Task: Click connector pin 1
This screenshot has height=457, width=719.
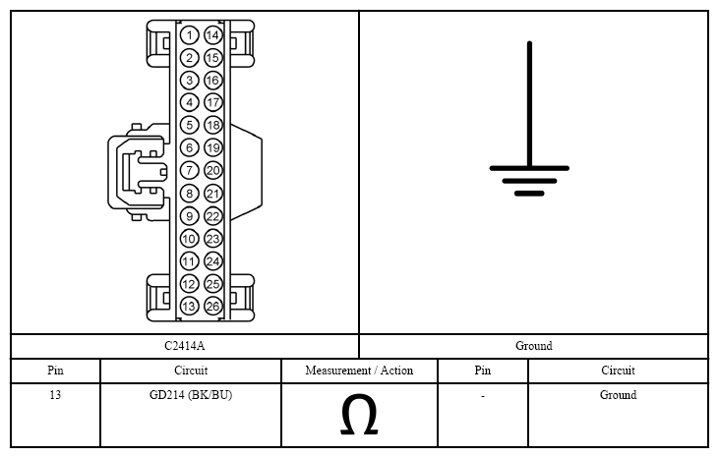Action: point(189,35)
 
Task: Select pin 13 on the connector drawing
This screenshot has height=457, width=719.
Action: point(189,307)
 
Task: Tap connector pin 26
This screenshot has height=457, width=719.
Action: point(212,307)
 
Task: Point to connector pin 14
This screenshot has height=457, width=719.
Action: point(212,35)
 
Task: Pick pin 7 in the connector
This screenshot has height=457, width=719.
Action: point(189,171)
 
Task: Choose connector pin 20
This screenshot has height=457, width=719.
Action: point(212,171)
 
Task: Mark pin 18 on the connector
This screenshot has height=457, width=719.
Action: point(212,125)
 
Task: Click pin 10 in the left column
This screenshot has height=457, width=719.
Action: point(189,239)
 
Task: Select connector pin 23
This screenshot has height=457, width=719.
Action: point(212,239)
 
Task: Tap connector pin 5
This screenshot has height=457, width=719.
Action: point(189,125)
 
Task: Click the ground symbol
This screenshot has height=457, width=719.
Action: point(529,138)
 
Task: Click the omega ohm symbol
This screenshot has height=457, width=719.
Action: point(359,415)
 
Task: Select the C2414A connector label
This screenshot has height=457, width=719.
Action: point(184,346)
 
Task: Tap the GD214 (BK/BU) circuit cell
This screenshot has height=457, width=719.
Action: point(191,395)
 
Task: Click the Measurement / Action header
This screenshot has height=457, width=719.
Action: point(359,371)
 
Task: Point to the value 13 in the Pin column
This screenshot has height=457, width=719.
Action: point(55,395)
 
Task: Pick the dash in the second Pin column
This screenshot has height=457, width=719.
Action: point(482,396)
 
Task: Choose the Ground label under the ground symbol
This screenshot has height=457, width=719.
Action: point(534,346)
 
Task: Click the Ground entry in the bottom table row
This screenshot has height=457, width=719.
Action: point(618,395)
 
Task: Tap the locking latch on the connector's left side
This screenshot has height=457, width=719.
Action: point(138,172)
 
